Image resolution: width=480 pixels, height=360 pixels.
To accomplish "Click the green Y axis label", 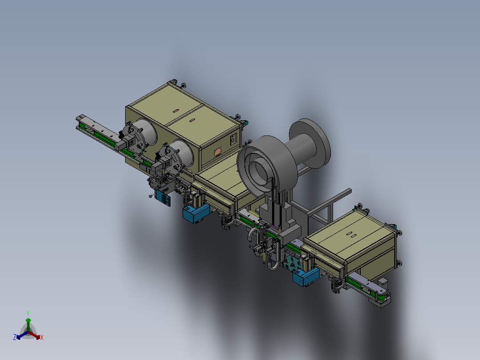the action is [x=28, y=313].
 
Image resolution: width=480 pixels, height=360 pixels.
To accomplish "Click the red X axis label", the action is [x=42, y=337].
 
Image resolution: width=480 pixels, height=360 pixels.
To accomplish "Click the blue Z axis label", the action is [x=14, y=337].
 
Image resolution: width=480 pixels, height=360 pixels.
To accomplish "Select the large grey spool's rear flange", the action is [x=310, y=143].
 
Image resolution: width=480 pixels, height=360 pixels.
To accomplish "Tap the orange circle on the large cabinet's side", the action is [x=218, y=152].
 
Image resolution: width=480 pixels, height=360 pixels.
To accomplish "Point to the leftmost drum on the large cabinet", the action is [x=140, y=135].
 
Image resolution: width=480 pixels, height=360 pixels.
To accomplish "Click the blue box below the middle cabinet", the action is [x=196, y=213].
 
